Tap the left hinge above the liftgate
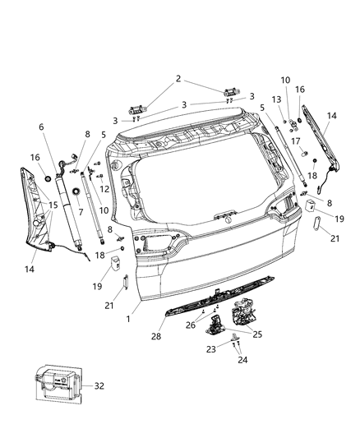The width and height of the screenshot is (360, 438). (136, 108)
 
